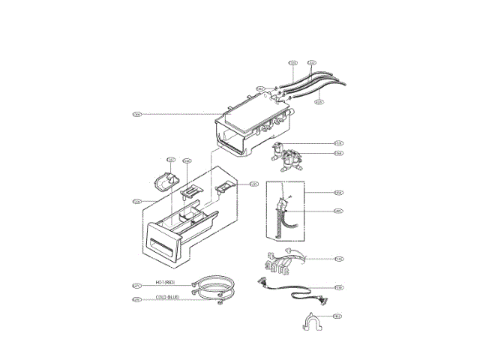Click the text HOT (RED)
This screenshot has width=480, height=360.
(165, 283)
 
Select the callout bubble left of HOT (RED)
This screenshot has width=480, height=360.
(136, 285)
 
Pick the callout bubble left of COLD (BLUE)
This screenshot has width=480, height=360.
(136, 300)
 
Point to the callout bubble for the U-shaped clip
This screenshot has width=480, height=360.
(337, 316)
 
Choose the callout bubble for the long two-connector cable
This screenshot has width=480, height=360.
(340, 286)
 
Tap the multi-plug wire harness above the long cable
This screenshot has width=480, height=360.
(283, 260)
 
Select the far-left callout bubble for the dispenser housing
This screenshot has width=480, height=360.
(137, 115)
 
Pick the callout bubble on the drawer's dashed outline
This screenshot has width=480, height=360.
(137, 201)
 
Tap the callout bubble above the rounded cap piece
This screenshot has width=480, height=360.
(170, 160)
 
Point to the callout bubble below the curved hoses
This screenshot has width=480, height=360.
(319, 102)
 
